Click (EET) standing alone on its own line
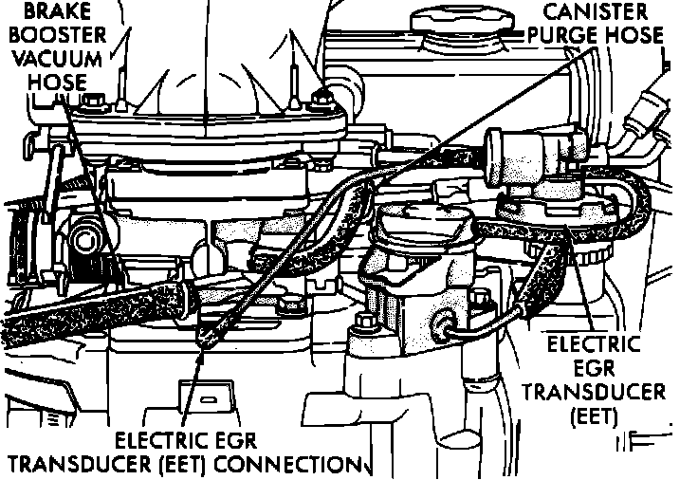pyautogui.click(x=596, y=415)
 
